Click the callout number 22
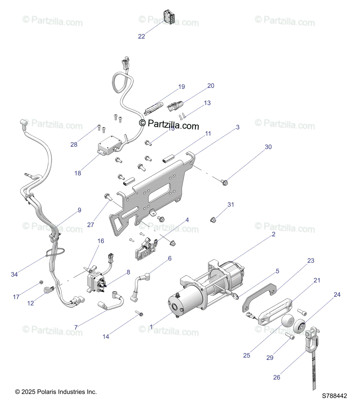click(x=142, y=36)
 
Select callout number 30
click(x=268, y=147)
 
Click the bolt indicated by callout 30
click(x=225, y=183)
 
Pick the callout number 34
click(x=14, y=274)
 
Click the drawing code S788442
click(x=334, y=396)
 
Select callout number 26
click(x=277, y=377)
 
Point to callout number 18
click(x=78, y=173)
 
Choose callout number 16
click(x=101, y=241)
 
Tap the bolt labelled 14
click(x=139, y=314)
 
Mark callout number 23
click(x=311, y=261)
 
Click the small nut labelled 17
click(x=41, y=282)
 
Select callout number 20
click(x=211, y=86)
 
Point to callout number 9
click(x=80, y=210)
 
